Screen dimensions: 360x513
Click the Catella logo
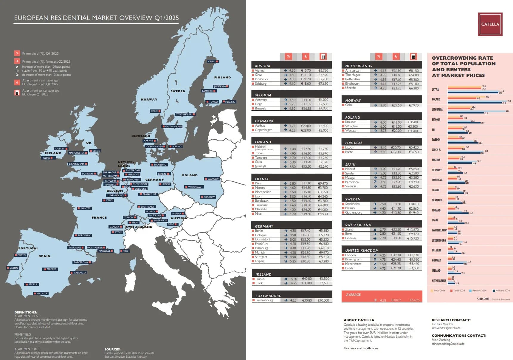(x=490, y=24)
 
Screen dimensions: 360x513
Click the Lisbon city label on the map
(x=13, y=268)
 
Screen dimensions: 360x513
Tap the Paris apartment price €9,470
(x=323, y=183)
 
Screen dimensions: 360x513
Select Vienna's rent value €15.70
(x=306, y=71)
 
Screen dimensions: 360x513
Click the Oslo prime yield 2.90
(x=383, y=105)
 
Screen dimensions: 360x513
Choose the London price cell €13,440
(x=413, y=255)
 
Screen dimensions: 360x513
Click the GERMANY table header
(x=264, y=226)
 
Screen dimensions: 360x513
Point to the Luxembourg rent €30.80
(x=307, y=300)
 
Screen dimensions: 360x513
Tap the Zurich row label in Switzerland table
(x=350, y=230)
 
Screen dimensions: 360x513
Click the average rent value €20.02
(x=396, y=300)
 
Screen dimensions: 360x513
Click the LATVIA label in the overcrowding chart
(x=435, y=89)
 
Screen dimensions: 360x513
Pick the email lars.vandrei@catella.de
(x=446, y=328)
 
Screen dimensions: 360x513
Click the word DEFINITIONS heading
(x=26, y=312)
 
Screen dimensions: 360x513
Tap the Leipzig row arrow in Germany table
(x=286, y=261)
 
